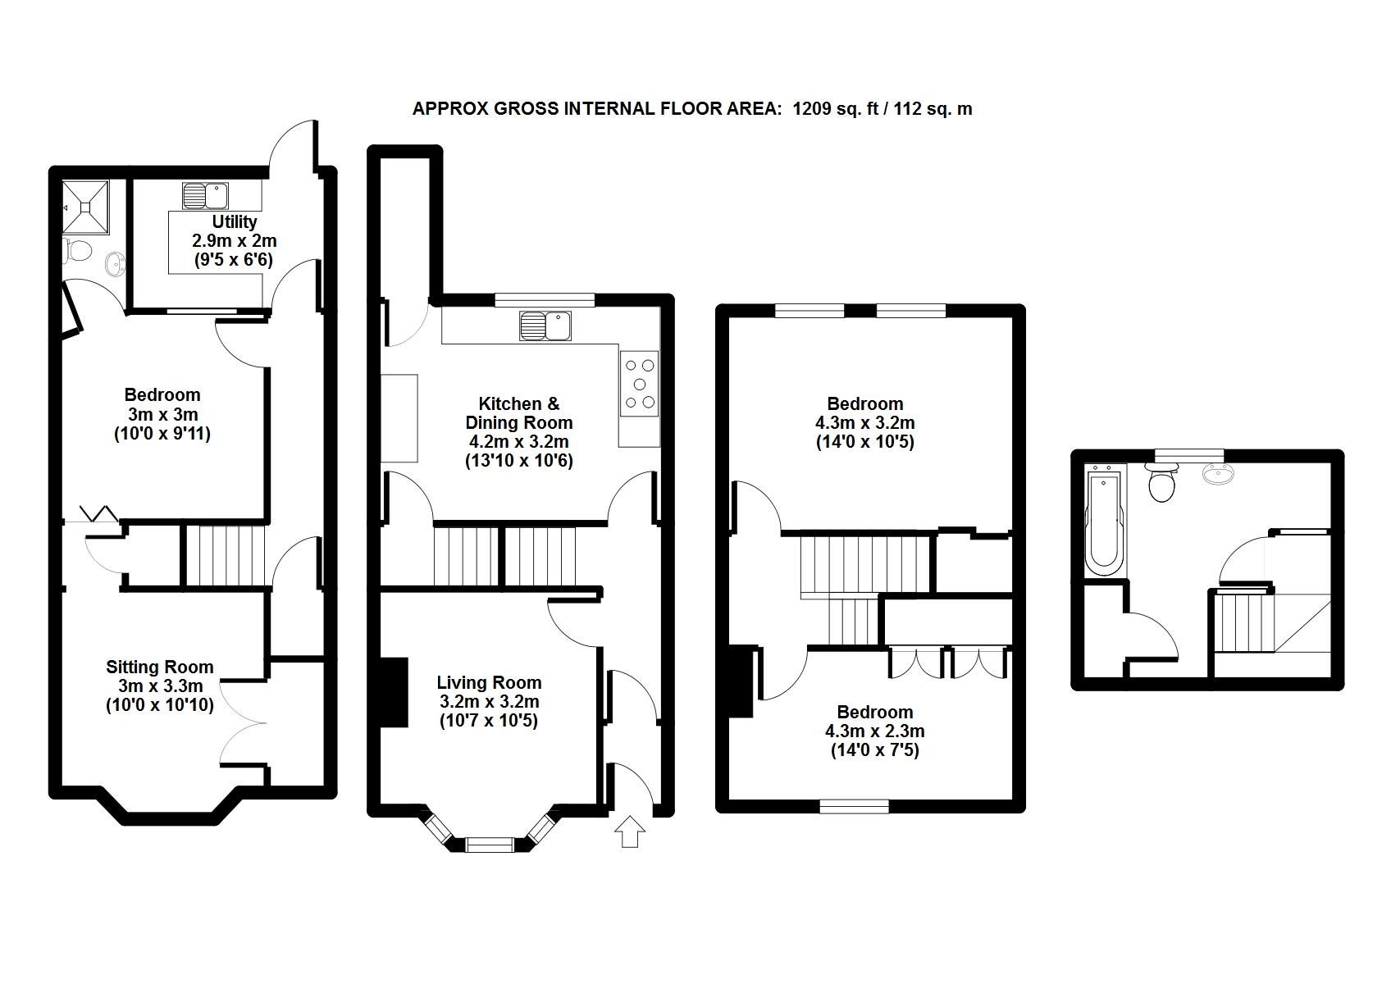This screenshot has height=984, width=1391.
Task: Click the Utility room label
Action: pos(235,222)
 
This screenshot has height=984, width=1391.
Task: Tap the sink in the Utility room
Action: pos(205,196)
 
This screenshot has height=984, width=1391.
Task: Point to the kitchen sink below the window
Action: pos(545,326)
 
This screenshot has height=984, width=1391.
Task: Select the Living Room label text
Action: pos(489,683)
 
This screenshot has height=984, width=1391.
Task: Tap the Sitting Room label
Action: pos(159,667)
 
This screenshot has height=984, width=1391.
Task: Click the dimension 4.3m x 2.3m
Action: pos(874,731)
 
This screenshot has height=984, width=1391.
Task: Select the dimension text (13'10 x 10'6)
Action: pos(518,461)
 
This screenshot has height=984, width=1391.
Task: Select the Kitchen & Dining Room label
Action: pos(518,413)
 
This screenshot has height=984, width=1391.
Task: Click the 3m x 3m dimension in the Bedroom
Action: pos(162,415)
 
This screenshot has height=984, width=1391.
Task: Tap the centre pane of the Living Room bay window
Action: pos(490,843)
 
